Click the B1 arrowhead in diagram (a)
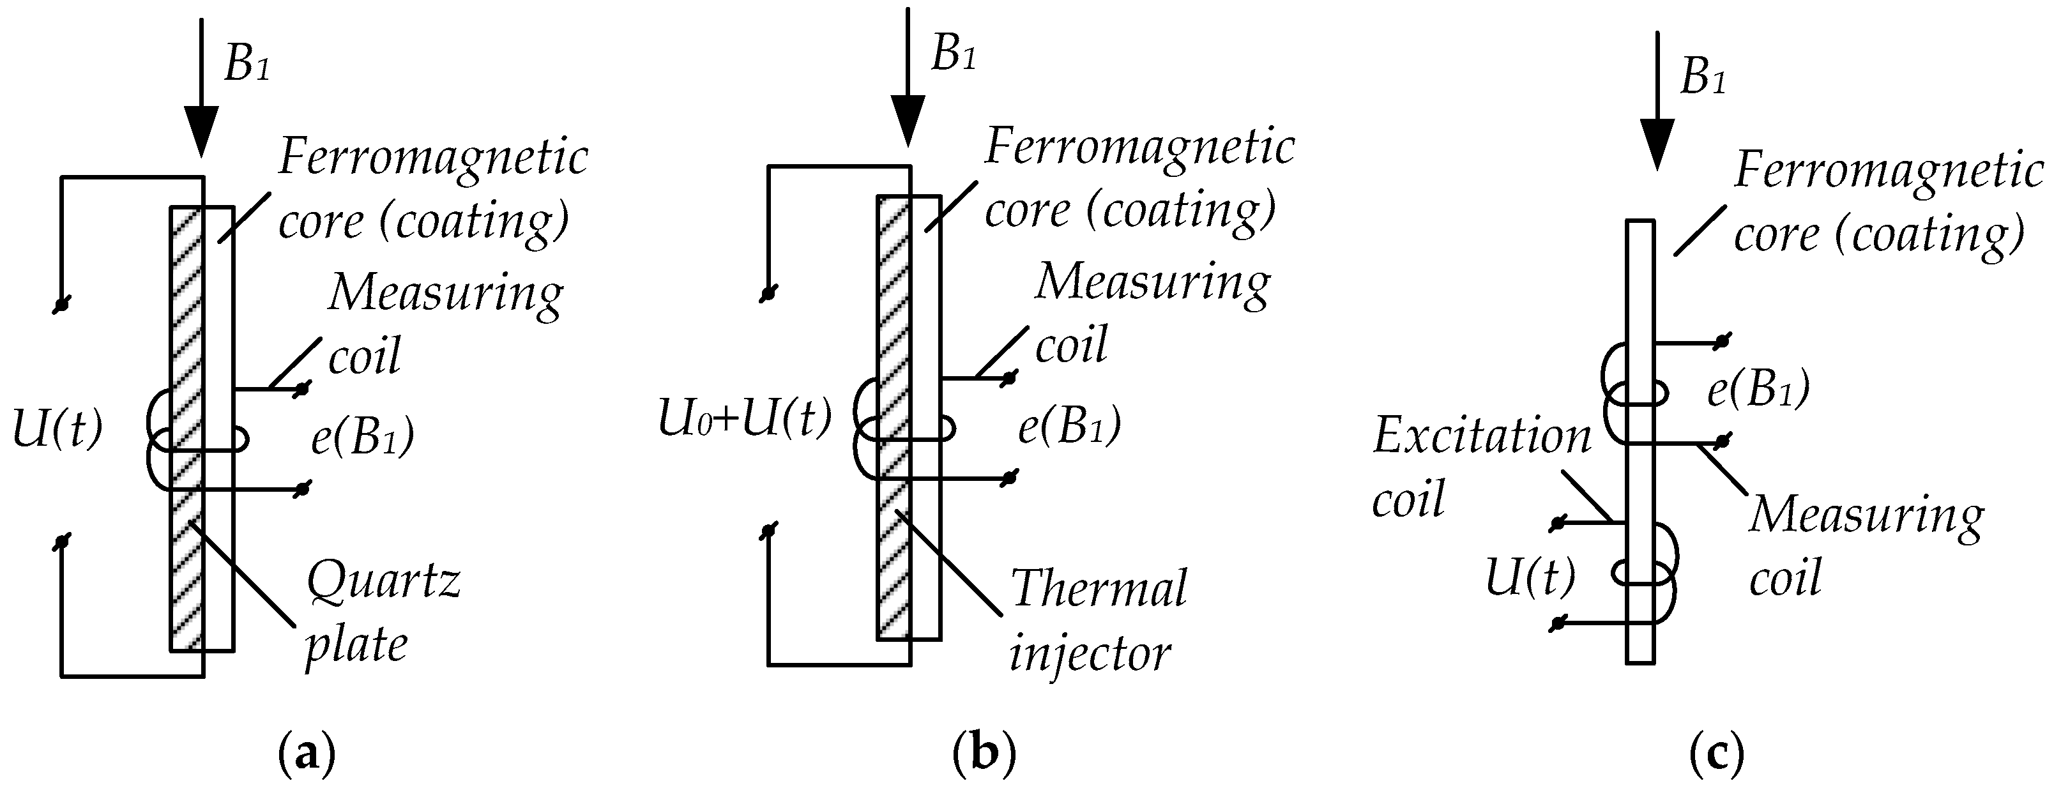pyautogui.click(x=202, y=132)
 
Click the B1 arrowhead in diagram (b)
pyautogui.click(x=908, y=121)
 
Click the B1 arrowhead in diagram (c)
pyautogui.click(x=1656, y=144)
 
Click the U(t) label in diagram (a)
pyautogui.click(x=57, y=430)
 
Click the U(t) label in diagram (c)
pyautogui.click(x=1530, y=577)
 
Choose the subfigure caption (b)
pyautogui.click(x=985, y=752)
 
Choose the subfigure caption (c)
pyautogui.click(x=1717, y=752)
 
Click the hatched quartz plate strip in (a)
pyautogui.click(x=186, y=558)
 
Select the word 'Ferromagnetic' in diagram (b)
pyautogui.click(x=1139, y=148)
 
